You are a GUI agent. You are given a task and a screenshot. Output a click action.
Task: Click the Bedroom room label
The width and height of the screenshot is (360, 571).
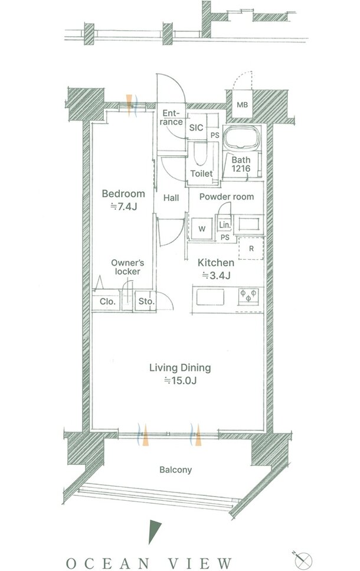point(123,194)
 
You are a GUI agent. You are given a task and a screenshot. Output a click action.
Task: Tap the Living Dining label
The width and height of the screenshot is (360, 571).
point(180,368)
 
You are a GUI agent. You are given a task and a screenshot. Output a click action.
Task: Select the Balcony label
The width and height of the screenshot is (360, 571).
point(175,470)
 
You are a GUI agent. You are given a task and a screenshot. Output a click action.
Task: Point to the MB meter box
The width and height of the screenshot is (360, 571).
point(242,105)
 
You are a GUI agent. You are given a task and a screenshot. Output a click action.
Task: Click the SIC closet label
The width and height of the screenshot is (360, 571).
point(196,128)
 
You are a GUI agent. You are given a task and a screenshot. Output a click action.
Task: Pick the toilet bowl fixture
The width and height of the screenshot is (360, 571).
point(200,154)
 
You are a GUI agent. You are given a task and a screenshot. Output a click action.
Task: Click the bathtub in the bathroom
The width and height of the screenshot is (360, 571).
point(242,138)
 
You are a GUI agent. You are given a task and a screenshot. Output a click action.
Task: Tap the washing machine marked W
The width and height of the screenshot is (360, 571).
point(202,229)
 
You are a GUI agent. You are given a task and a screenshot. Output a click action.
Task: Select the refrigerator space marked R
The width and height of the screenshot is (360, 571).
point(251,249)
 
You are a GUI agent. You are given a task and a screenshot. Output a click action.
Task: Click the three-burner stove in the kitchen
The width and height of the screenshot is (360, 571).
point(248,296)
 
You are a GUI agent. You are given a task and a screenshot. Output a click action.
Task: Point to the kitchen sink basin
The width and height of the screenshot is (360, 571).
point(211,297)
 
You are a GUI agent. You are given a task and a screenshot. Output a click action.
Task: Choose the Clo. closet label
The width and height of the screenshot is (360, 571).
point(108,302)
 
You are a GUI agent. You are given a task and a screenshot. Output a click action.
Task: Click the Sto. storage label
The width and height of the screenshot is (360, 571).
point(146,302)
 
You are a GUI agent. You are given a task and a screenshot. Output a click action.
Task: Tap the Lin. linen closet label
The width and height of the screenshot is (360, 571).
point(225,225)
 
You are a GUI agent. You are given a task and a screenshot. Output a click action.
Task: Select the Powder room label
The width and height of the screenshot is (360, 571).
point(227,197)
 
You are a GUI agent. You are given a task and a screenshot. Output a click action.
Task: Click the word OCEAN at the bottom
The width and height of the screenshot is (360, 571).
point(108,563)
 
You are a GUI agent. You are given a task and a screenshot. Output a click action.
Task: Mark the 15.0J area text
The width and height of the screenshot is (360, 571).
point(180,381)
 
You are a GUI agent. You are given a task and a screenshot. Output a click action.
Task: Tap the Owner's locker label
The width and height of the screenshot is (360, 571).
point(127,267)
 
